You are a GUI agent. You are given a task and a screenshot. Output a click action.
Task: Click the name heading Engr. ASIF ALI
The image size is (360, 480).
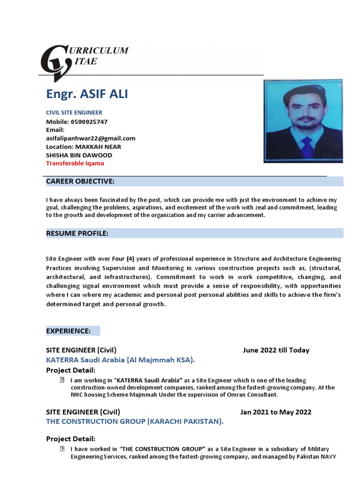[87, 94]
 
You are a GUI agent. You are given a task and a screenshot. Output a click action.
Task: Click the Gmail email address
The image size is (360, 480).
[90, 138]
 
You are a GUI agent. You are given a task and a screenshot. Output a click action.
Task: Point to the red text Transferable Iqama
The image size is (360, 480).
[75, 164]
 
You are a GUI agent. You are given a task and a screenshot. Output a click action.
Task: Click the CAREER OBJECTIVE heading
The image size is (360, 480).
[80, 181]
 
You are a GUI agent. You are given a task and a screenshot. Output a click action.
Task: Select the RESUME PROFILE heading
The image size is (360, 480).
[77, 233]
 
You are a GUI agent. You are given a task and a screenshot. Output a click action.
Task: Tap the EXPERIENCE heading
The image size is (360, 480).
[68, 331]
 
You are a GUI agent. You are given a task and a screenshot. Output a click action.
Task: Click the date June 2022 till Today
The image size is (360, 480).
[276, 350]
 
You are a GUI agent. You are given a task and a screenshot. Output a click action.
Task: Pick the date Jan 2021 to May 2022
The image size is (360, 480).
[276, 412]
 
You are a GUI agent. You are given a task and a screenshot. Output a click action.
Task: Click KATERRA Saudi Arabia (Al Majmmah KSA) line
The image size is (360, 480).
[120, 360]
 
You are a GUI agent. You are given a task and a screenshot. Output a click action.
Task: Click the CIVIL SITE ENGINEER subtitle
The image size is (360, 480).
[74, 112]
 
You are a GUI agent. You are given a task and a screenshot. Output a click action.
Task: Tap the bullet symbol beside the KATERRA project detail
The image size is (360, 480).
[62, 380]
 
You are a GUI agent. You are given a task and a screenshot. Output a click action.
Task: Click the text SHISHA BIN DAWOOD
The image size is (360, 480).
[79, 155]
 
